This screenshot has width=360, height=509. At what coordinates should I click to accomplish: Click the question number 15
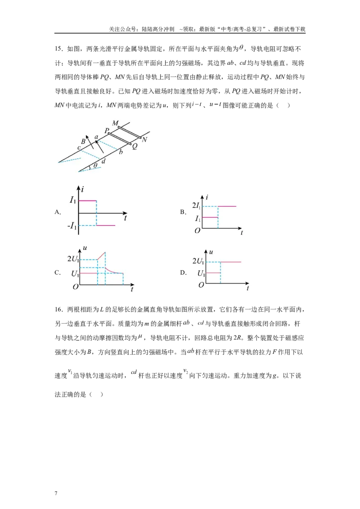58,49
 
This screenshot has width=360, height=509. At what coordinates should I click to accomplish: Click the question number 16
58,310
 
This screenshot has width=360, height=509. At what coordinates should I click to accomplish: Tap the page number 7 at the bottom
56,493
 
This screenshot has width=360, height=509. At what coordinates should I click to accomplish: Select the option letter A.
58,212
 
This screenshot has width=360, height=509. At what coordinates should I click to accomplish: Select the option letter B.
183,212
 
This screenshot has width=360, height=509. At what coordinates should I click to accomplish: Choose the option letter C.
58,272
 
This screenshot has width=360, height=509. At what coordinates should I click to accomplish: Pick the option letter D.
183,272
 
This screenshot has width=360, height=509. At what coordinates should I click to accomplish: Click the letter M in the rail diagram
115,123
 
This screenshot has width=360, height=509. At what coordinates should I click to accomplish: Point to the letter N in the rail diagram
144,140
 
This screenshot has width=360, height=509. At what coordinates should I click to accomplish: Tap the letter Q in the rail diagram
135,147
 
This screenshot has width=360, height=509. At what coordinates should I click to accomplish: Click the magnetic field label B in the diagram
83,142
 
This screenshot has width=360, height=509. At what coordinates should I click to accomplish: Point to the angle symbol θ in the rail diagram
95,165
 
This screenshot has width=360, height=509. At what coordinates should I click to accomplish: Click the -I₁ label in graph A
72,226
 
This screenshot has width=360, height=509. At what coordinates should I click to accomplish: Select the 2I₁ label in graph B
196,205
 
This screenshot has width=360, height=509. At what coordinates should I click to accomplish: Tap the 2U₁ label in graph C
73,259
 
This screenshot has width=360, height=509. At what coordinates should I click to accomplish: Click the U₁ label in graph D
201,274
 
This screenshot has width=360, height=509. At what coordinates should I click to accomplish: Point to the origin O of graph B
197,231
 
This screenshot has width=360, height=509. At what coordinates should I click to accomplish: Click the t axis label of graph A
126,218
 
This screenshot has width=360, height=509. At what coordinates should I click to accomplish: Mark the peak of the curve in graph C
104,252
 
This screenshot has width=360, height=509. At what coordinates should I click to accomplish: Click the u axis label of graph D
211,252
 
